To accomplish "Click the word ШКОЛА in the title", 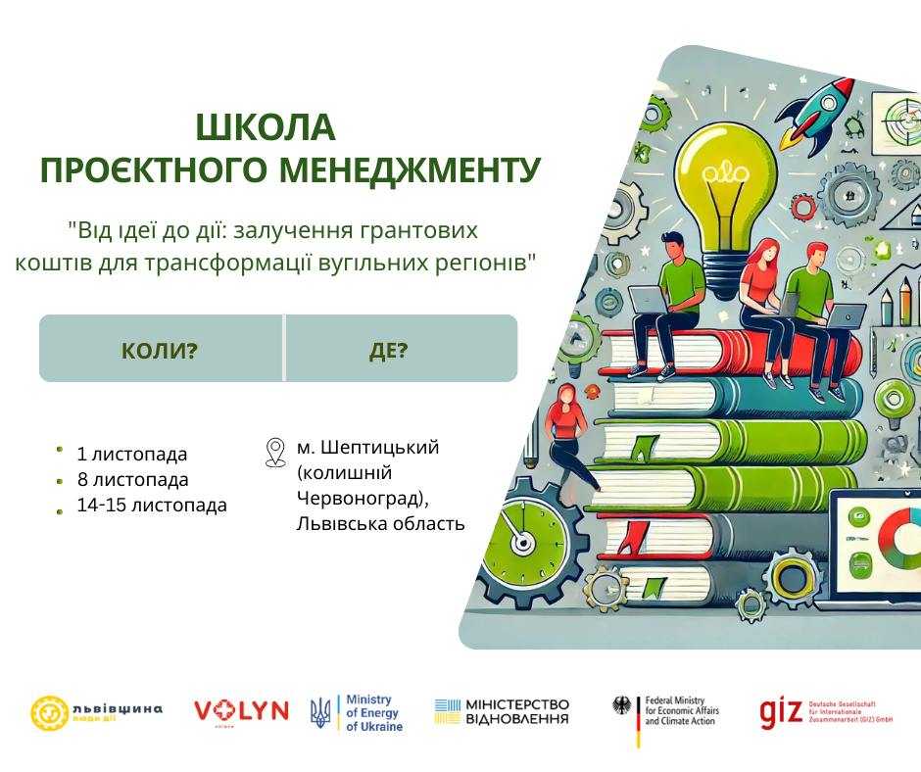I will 266,128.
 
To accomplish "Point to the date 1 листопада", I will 131,455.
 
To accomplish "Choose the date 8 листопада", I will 132,480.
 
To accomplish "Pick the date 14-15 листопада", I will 151,506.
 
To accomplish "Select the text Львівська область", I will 380,523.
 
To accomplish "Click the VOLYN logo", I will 241,711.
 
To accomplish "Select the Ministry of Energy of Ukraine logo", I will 357,713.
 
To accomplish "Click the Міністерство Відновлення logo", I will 502,712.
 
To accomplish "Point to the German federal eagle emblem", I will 620,706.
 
